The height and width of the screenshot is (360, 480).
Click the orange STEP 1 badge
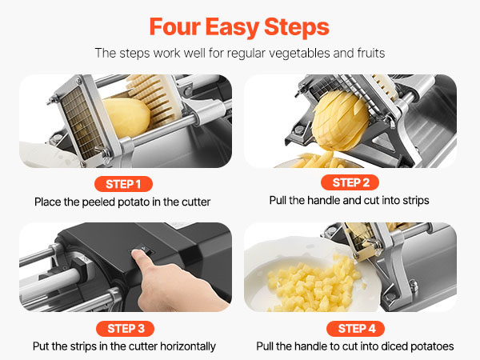(123, 184)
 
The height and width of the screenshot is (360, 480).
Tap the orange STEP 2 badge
(350, 182)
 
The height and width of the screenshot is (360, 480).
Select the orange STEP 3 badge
(125, 329)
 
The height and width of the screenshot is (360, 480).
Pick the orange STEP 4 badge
(356, 329)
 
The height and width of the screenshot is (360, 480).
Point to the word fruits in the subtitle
(371, 53)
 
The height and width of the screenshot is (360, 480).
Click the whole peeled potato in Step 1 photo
(127, 118)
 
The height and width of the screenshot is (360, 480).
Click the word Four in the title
(174, 27)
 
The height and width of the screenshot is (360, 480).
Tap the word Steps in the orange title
(296, 28)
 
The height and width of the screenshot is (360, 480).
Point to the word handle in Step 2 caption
(323, 201)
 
